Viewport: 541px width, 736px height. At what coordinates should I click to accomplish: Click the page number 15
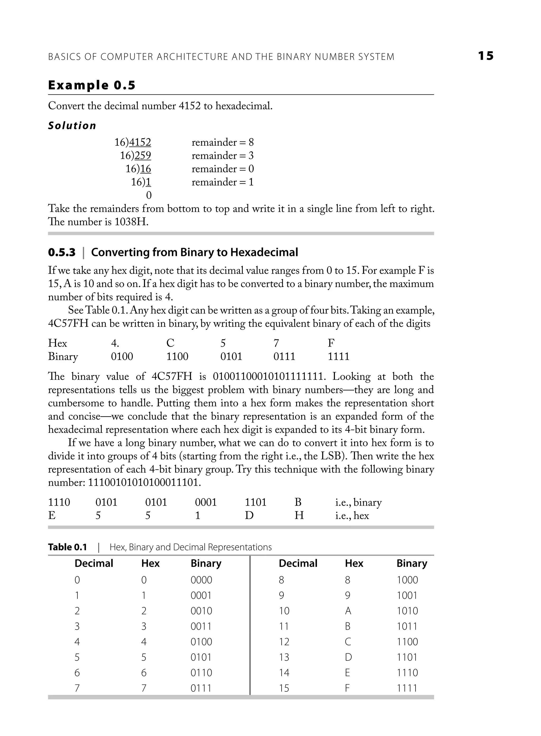[486, 56]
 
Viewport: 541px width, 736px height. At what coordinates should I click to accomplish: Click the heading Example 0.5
[92, 86]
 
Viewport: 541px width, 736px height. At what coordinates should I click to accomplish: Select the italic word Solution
[72, 126]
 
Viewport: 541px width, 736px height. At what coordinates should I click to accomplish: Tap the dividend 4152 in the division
[140, 142]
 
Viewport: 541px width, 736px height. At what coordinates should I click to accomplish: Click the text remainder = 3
[222, 156]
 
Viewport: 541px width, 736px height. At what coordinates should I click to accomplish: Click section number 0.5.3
[62, 253]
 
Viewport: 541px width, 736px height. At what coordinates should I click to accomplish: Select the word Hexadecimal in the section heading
[264, 253]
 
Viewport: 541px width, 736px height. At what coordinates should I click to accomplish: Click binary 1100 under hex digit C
[177, 357]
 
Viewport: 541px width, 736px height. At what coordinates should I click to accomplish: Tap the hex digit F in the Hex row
[331, 343]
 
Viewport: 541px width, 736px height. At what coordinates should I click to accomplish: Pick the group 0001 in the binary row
[206, 502]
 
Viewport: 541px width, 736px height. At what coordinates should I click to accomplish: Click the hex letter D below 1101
[249, 516]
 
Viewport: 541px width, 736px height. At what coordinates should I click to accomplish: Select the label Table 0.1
[67, 547]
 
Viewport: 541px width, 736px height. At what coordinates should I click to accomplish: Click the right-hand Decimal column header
[298, 563]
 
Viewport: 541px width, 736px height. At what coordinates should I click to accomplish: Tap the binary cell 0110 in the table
[201, 673]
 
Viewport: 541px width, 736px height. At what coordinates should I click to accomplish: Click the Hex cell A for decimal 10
[348, 611]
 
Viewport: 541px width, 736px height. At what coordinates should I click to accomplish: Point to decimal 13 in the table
[284, 658]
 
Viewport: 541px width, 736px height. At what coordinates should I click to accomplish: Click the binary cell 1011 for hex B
[407, 626]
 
